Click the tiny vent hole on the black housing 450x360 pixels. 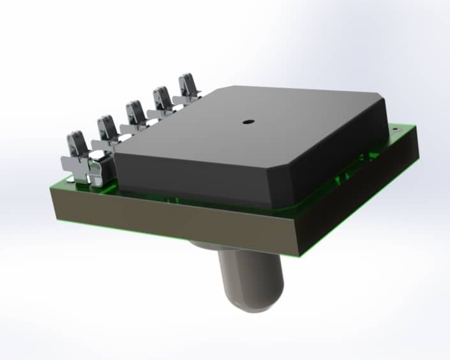coord(247,120)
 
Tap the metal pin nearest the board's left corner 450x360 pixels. coord(77,146)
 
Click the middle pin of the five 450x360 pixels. coord(135,113)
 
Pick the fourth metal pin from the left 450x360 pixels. coord(162,98)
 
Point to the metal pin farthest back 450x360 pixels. coord(188,86)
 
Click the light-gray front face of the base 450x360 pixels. coord(179,217)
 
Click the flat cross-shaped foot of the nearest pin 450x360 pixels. coord(86,170)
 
